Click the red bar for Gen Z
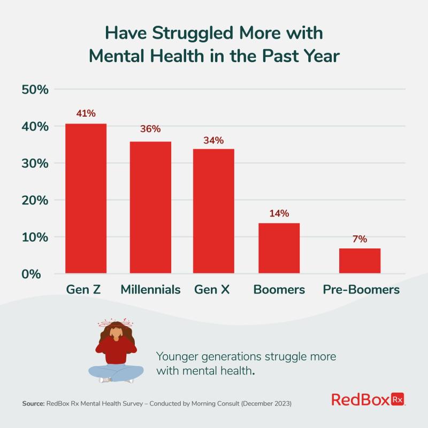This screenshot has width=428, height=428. point(86,198)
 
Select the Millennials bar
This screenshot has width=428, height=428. point(150,208)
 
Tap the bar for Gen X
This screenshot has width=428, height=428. point(213,211)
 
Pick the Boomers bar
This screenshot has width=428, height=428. point(279,248)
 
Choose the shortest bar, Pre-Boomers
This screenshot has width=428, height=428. point(360,261)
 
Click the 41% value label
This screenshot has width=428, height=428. point(86,113)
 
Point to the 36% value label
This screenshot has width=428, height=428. point(150,129)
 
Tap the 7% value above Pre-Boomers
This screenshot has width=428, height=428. point(360,239)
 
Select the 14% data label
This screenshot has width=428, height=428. point(279,213)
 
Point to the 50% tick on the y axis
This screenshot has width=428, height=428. point(35,89)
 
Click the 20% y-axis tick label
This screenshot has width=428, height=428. point(35,200)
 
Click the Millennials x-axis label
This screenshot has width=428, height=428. point(150,290)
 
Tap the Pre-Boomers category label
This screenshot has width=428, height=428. point(361,290)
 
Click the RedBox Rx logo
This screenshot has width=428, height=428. point(368,399)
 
